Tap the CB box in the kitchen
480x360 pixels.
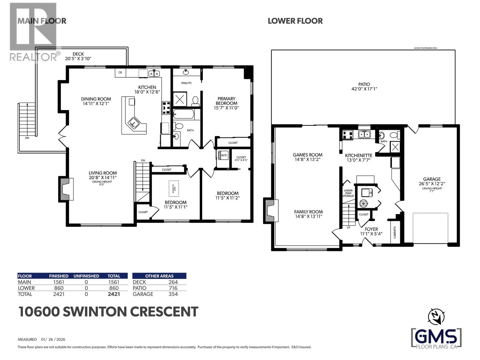[x=120, y=73]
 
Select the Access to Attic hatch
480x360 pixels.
[x=174, y=188]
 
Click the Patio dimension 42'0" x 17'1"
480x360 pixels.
[x=364, y=89]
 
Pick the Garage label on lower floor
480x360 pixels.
[x=432, y=179]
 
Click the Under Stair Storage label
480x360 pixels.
[x=348, y=193]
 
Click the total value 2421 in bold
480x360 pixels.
[x=114, y=294]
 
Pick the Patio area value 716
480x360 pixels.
[x=173, y=288]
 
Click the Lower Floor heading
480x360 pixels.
[x=295, y=21]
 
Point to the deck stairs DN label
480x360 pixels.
[x=27, y=138]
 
